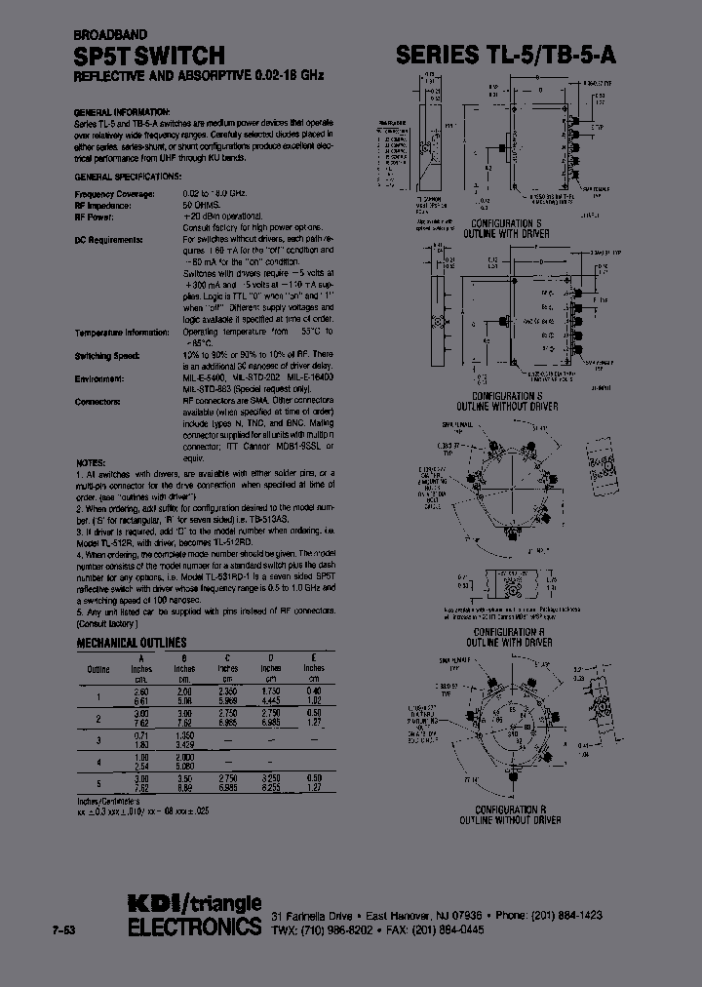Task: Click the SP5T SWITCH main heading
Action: [x=150, y=55]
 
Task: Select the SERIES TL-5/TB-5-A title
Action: [x=505, y=56]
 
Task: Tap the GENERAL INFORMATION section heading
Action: [x=122, y=112]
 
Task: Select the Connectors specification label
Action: [x=97, y=401]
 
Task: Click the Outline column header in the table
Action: [x=98, y=668]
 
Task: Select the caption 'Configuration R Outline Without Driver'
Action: [x=518, y=814]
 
